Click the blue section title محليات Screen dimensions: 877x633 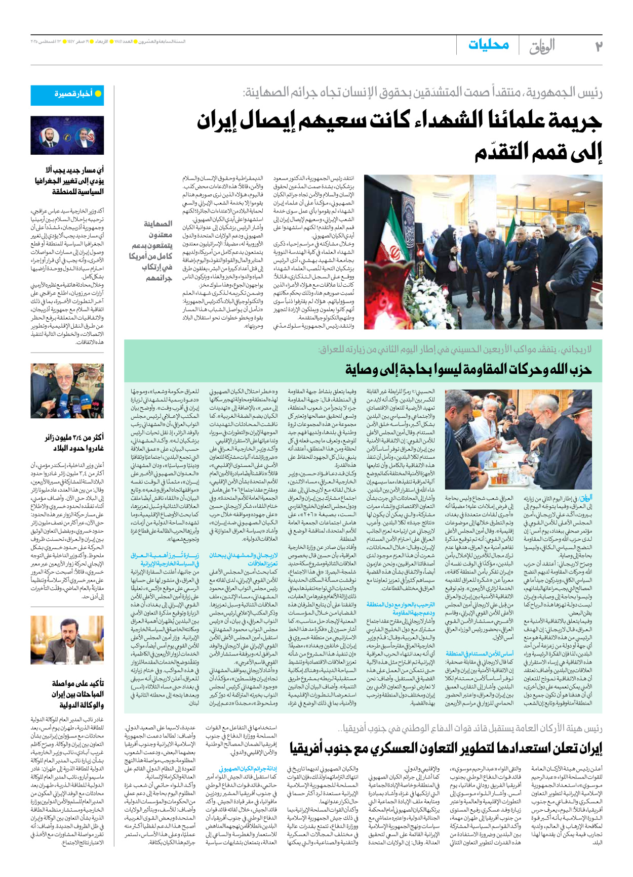click(488, 45)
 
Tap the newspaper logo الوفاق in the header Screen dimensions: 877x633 click(541, 47)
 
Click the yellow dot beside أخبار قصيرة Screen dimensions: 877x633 click(98, 94)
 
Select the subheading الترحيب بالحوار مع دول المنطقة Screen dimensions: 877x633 click(400, 608)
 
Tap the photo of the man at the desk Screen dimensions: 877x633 click(67, 640)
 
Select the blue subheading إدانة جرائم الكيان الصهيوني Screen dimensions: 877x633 click(248, 769)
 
